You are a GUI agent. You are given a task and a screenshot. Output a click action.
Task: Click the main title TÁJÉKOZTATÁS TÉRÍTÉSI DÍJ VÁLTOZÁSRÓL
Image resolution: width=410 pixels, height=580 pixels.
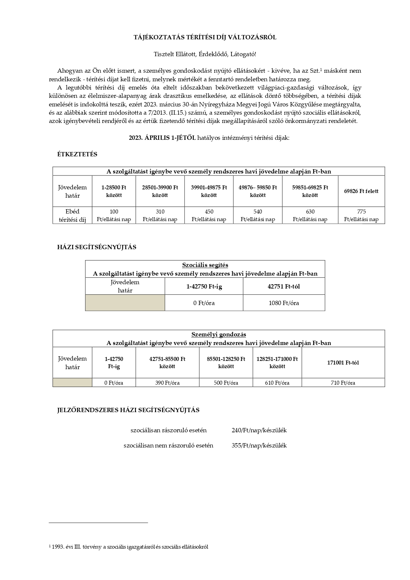tap(205, 37)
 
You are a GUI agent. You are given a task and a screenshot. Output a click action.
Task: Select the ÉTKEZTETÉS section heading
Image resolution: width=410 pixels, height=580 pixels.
tap(77, 154)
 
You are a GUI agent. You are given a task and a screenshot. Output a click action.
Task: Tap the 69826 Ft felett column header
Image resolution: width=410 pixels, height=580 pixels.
tap(361, 191)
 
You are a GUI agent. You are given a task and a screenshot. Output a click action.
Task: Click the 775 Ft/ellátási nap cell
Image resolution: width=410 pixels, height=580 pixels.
tap(361, 215)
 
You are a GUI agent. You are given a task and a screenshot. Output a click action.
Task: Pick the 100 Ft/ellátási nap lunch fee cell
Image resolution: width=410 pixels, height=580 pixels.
tap(114, 215)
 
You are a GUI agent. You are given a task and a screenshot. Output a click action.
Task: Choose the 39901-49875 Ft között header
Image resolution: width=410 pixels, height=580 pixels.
tap(209, 191)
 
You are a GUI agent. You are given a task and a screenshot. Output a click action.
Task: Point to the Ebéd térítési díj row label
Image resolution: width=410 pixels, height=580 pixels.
tap(72, 215)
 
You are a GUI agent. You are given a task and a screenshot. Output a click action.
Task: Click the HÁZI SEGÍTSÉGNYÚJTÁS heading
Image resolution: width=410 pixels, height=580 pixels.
tap(97, 247)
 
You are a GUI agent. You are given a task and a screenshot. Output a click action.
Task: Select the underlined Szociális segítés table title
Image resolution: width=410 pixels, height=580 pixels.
tap(205, 265)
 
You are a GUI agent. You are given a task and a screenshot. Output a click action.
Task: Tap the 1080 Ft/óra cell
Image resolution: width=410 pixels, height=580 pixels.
tap(284, 303)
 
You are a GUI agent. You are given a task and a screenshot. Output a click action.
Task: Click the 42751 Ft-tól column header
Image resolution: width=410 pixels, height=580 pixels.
tap(284, 287)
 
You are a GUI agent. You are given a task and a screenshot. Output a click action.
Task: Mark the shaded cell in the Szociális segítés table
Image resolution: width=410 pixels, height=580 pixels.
tap(125, 303)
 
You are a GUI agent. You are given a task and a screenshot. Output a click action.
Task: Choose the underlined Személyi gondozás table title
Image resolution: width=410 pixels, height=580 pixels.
tap(219, 334)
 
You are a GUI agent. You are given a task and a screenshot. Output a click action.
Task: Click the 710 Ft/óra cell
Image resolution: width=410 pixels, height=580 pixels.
tap(343, 383)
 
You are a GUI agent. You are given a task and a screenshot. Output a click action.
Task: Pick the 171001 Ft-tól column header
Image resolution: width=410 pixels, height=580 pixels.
tap(343, 363)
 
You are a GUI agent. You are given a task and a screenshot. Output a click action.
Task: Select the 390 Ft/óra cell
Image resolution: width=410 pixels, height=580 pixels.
tap(167, 383)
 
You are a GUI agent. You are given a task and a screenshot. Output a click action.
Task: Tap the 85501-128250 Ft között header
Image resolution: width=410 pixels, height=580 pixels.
tap(226, 363)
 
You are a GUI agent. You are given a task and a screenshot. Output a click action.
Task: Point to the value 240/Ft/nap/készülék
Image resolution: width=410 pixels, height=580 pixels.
tap(259, 430)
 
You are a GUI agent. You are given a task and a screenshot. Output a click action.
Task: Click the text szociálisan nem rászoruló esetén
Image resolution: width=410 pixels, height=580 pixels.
tap(168, 445)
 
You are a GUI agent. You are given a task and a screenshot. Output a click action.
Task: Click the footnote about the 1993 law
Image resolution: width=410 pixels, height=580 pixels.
tap(129, 547)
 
